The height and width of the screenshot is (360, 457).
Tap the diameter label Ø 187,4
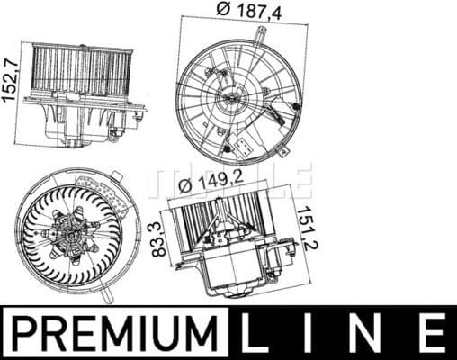231,11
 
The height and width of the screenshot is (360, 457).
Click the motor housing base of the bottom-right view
236,269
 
